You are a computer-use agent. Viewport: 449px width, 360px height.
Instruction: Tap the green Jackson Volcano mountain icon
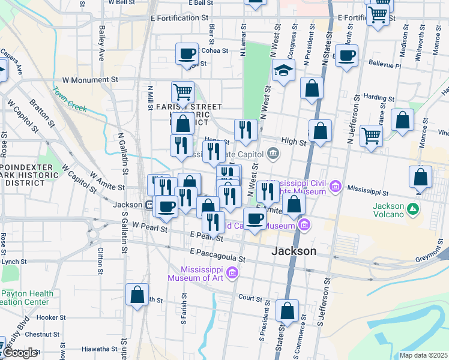click(x=412, y=209)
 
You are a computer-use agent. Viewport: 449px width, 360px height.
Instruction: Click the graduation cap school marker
click(x=283, y=71)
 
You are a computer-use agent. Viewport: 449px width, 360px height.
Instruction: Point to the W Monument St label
click(x=90, y=79)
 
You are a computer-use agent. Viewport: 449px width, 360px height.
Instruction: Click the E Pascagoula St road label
click(x=217, y=256)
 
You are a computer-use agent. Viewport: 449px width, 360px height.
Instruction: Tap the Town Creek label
click(x=69, y=100)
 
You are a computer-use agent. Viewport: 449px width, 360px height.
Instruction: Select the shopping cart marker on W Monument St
click(x=182, y=92)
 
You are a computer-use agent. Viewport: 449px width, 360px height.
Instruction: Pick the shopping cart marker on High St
click(x=371, y=137)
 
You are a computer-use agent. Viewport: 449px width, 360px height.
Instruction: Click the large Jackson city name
click(x=294, y=251)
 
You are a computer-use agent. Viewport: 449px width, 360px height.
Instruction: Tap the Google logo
click(x=20, y=353)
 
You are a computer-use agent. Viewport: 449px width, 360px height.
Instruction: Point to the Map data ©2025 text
click(x=423, y=355)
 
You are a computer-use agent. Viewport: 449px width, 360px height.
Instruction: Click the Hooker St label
click(x=51, y=317)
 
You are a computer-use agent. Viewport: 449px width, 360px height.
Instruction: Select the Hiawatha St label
click(x=82, y=349)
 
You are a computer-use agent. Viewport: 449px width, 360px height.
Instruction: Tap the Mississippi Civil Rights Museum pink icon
click(x=335, y=187)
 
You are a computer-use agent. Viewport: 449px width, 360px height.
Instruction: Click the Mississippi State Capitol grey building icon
click(x=273, y=153)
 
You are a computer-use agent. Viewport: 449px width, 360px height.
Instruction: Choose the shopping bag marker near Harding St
click(x=312, y=88)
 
